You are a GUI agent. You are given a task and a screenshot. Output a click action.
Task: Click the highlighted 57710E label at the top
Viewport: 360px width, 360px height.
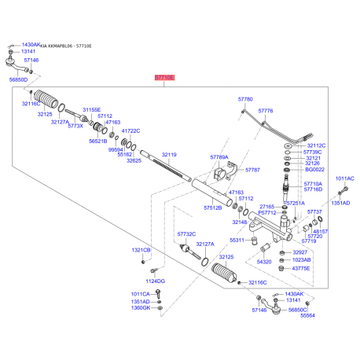[x=163, y=79]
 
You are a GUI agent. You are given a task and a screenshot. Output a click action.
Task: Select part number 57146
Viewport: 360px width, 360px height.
[x=31, y=60]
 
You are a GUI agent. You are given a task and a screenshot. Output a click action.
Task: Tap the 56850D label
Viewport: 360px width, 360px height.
[x=18, y=79]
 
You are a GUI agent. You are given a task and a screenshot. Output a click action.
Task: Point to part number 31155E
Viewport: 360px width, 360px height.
[x=93, y=110]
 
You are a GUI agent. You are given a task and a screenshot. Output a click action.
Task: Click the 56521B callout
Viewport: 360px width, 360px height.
[x=97, y=141]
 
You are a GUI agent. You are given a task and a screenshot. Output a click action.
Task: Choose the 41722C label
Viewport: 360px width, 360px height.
[x=130, y=130]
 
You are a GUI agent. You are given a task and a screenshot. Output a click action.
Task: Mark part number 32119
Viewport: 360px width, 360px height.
[x=170, y=155]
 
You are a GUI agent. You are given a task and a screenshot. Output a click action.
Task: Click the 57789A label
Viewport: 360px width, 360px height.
[x=219, y=157]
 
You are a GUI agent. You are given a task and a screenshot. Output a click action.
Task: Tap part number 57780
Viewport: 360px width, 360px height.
[x=245, y=100]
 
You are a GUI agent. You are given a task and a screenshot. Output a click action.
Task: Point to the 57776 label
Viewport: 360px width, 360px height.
[x=266, y=112]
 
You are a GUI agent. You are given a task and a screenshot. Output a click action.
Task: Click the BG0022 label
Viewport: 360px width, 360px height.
[x=315, y=169]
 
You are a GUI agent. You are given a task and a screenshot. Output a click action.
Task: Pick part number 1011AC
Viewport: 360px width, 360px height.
[x=345, y=178]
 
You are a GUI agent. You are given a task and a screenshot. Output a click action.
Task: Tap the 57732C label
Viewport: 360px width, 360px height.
[x=186, y=233]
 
